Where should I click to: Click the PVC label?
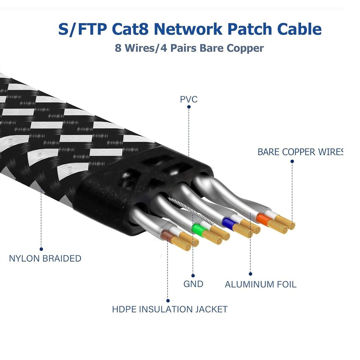tap(189, 100)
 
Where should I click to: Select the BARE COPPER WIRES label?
tap(300, 152)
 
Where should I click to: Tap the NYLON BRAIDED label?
tap(45, 258)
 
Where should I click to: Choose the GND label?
tap(193, 284)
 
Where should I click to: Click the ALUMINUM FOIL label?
tap(261, 285)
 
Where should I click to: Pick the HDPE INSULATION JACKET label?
tap(170, 309)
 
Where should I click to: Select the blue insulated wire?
tap(226, 222)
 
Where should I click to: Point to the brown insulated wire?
tap(167, 235)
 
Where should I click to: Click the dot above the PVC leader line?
tap(189, 107)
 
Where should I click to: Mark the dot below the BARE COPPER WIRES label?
tap(292, 161)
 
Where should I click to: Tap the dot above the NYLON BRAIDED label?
tap(41, 249)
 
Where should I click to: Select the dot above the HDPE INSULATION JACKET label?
tap(168, 300)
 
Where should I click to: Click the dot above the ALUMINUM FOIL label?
tap(250, 274)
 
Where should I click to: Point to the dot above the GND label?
tap(193, 275)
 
